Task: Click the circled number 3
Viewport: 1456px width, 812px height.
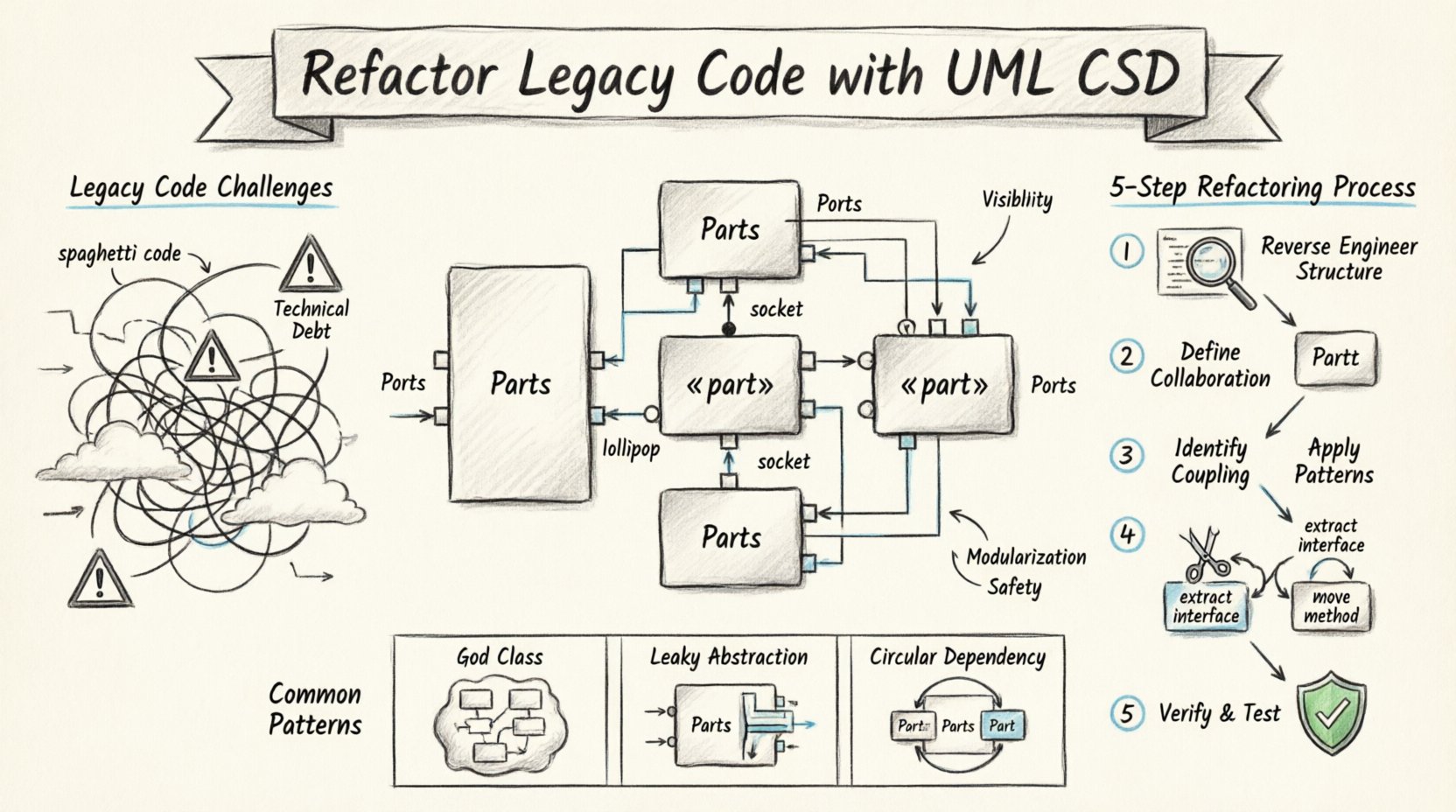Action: tap(1127, 455)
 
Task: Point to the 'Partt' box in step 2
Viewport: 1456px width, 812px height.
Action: tap(1335, 358)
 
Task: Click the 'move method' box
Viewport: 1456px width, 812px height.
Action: tap(1331, 606)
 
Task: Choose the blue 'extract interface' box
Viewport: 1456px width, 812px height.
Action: tap(1206, 606)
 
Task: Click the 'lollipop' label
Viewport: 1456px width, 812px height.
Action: tap(631, 450)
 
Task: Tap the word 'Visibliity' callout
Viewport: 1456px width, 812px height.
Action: tap(1017, 199)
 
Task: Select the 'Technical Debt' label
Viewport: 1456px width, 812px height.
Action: tap(311, 319)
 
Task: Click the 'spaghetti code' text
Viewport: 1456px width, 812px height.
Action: tap(120, 254)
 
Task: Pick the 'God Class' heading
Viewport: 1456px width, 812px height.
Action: tap(500, 657)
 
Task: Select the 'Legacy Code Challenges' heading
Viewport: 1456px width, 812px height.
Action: tap(201, 187)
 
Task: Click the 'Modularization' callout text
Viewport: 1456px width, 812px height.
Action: tap(1026, 557)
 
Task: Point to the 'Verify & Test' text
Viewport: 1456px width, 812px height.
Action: tap(1219, 713)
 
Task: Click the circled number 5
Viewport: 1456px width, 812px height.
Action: tap(1127, 713)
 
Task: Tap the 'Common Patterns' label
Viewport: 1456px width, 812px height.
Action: tap(315, 710)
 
